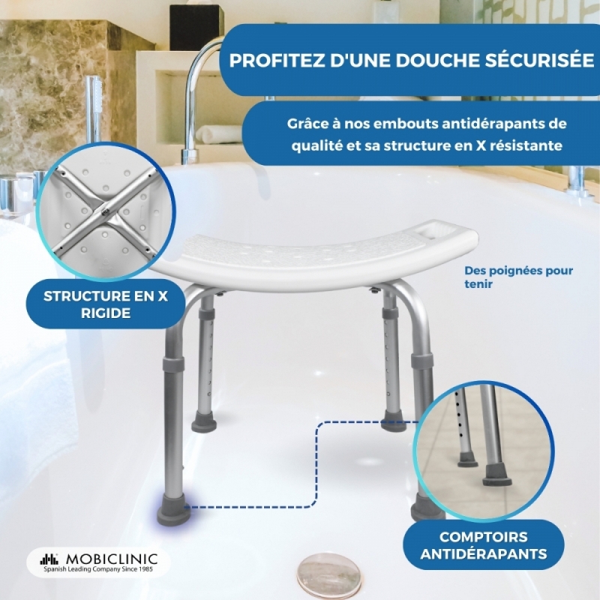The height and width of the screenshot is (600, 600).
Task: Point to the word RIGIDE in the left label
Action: click(x=106, y=313)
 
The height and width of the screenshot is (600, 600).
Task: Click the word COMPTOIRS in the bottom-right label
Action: click(x=484, y=537)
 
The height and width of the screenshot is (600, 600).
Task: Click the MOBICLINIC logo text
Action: click(x=112, y=559)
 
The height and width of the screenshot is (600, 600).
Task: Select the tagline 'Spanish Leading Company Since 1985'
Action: click(x=98, y=569)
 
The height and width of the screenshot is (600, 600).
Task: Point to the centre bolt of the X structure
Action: click(x=103, y=209)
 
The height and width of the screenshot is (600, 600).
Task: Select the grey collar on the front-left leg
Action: click(x=173, y=367)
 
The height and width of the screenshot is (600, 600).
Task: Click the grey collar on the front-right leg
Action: click(x=422, y=364)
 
